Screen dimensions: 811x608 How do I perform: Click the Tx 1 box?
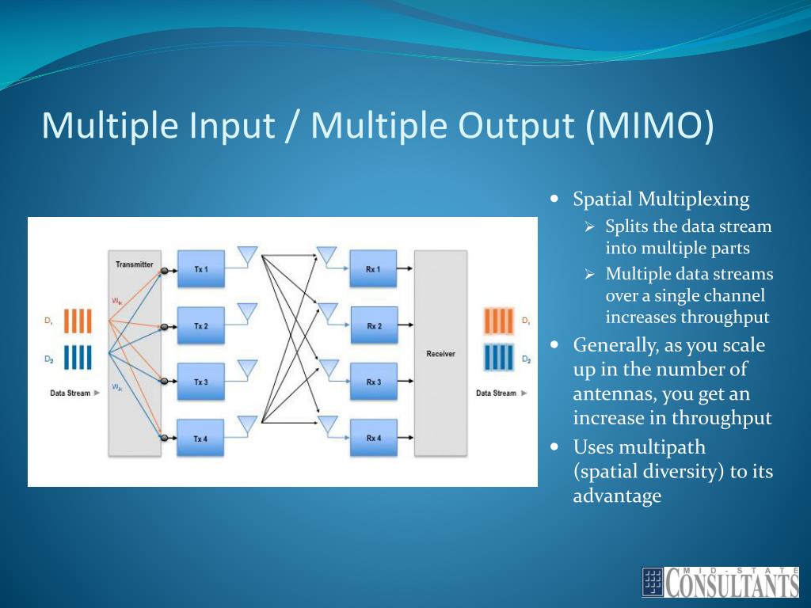click(x=200, y=269)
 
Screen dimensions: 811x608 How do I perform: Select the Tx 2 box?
click(x=200, y=325)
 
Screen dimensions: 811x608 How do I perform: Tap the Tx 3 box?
click(x=200, y=382)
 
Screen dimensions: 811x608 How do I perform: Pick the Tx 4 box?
click(x=200, y=438)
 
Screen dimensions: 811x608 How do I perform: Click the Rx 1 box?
click(x=373, y=269)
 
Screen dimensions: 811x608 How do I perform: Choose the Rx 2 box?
click(x=373, y=325)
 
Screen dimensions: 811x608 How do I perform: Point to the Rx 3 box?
click(x=373, y=382)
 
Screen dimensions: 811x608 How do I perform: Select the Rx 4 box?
click(x=373, y=438)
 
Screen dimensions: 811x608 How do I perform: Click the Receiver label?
click(x=440, y=354)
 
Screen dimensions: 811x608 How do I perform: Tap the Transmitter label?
click(x=134, y=264)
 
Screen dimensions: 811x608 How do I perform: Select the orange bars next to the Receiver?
click(x=497, y=321)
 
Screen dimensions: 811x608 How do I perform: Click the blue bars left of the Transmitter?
click(x=78, y=358)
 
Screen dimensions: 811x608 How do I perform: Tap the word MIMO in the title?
click(x=649, y=125)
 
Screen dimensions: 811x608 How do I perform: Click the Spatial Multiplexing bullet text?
click(x=661, y=199)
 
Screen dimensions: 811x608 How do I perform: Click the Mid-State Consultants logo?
click(x=720, y=581)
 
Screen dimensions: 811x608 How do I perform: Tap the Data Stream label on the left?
click(x=70, y=393)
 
